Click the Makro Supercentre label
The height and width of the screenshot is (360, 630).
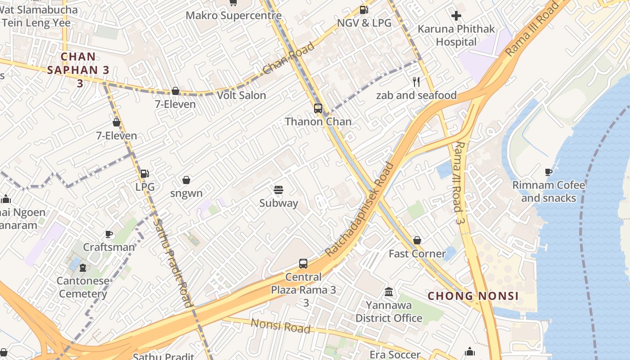(x=234, y=15)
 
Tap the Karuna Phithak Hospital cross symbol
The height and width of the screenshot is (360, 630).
(x=456, y=16)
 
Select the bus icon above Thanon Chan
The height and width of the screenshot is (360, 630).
(x=318, y=108)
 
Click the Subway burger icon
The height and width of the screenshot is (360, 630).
(x=279, y=190)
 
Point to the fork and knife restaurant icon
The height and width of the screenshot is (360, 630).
(x=416, y=82)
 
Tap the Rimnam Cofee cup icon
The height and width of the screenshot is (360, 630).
(x=548, y=172)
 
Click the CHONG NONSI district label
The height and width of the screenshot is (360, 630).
(x=473, y=296)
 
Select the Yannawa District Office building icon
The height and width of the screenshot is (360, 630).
(x=389, y=292)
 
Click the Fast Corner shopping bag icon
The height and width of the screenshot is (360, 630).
(x=417, y=240)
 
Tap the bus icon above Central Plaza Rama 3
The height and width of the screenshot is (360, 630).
(x=303, y=264)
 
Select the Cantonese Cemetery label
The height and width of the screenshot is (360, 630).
(x=83, y=288)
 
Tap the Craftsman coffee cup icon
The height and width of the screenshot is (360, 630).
(x=108, y=234)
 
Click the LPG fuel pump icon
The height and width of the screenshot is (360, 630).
(x=144, y=174)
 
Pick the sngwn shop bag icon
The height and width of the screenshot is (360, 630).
(x=186, y=180)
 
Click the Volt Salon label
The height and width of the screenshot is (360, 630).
(x=241, y=95)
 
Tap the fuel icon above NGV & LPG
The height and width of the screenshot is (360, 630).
(x=364, y=10)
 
